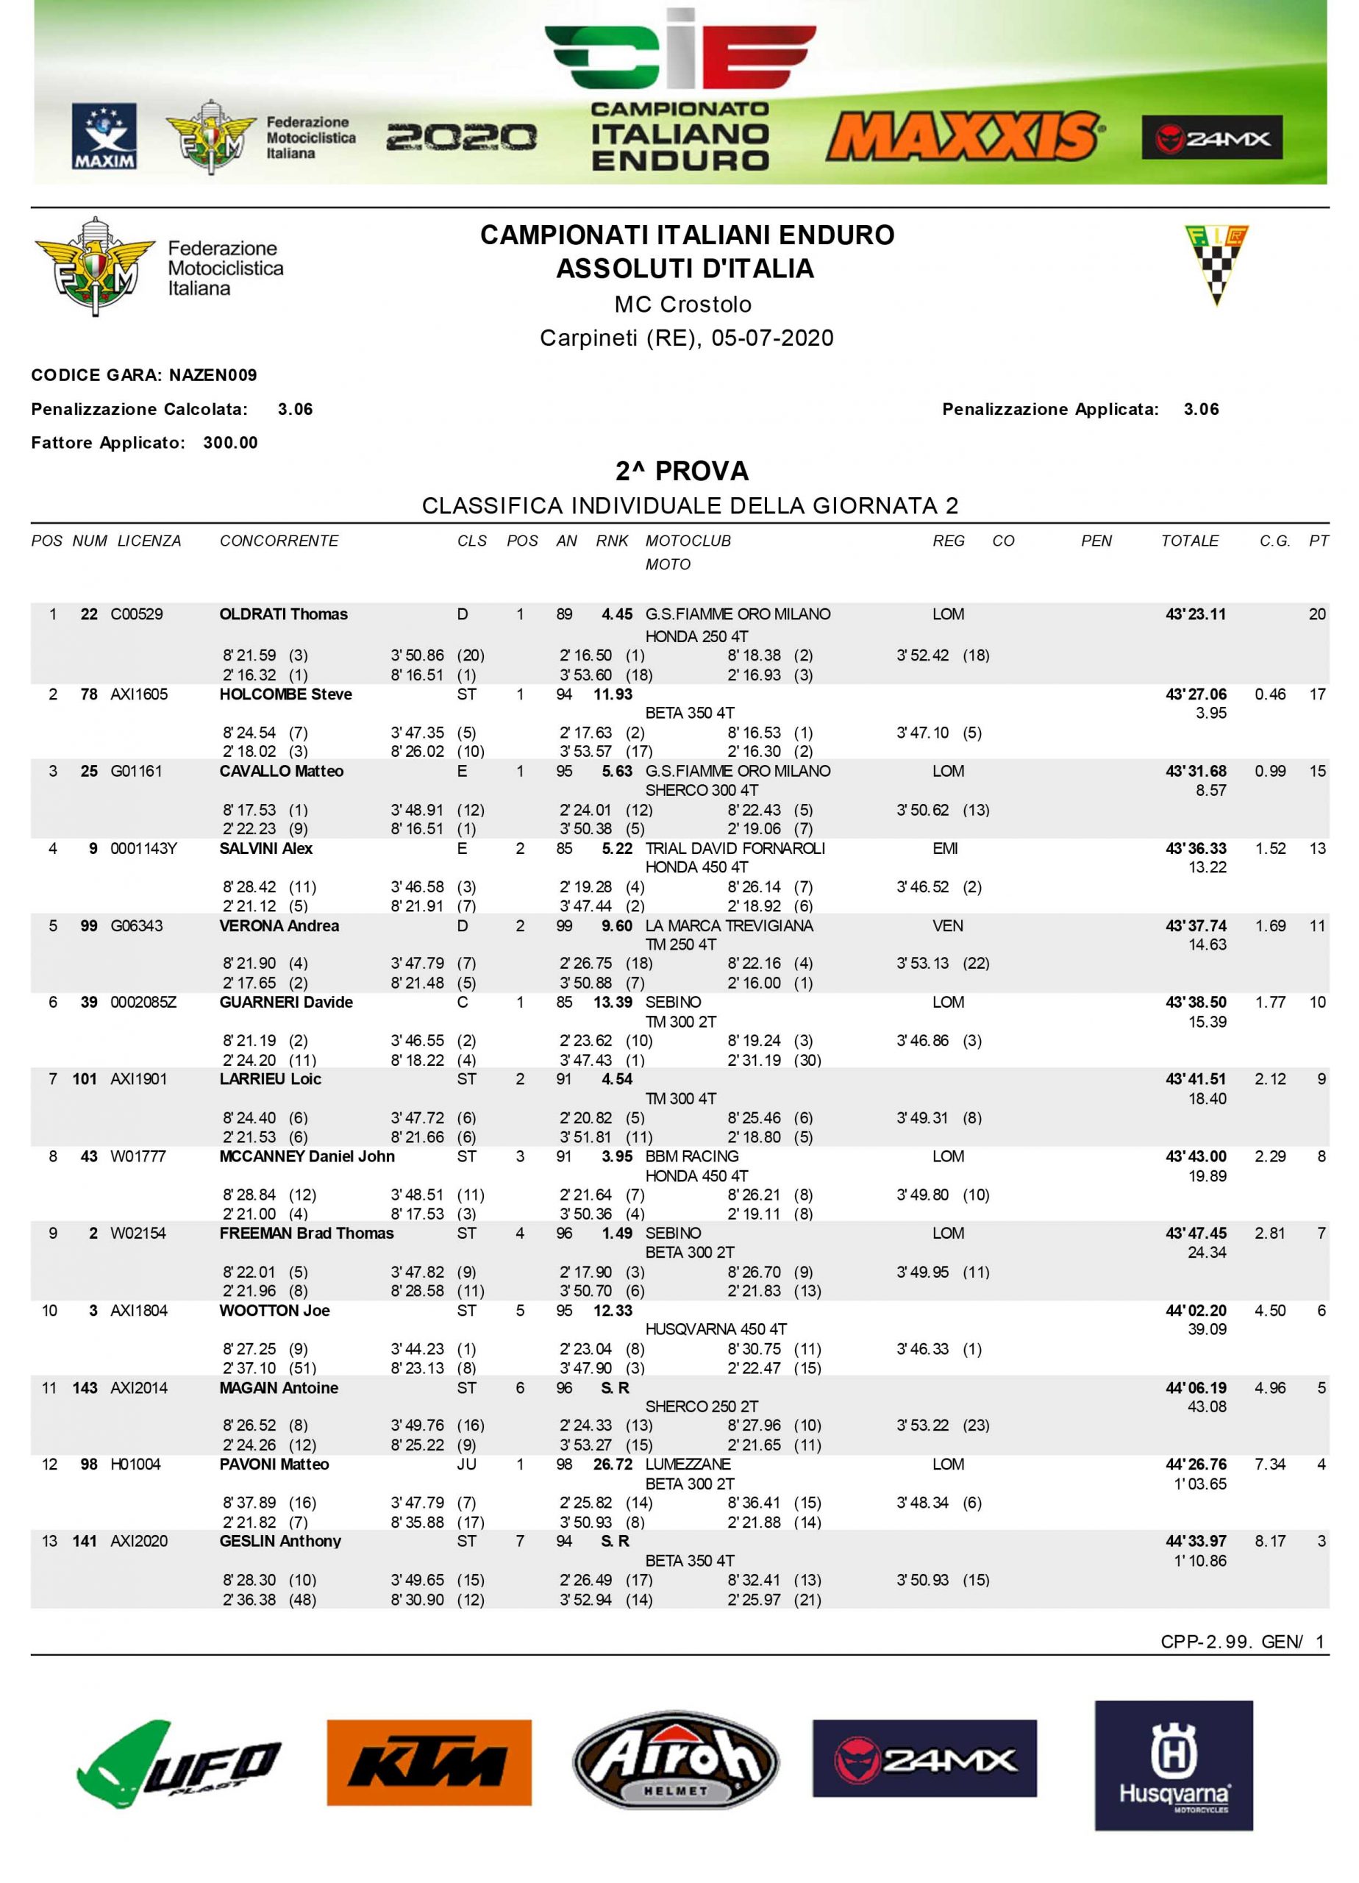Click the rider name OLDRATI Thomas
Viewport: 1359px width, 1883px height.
[x=283, y=614]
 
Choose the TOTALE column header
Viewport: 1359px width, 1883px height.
[x=1189, y=541]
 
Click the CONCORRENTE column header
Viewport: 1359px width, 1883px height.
[x=279, y=541]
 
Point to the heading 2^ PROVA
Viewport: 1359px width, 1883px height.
[x=682, y=471]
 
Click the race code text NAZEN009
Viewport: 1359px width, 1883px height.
[x=213, y=375]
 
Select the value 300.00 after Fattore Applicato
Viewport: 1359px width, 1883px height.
[x=230, y=443]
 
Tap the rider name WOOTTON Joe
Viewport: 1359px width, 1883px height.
[x=274, y=1311]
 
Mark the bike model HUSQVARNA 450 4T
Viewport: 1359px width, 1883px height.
[x=716, y=1329]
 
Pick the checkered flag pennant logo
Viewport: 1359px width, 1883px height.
[x=1216, y=265]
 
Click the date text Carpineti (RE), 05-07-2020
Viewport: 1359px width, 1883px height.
[x=687, y=338]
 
